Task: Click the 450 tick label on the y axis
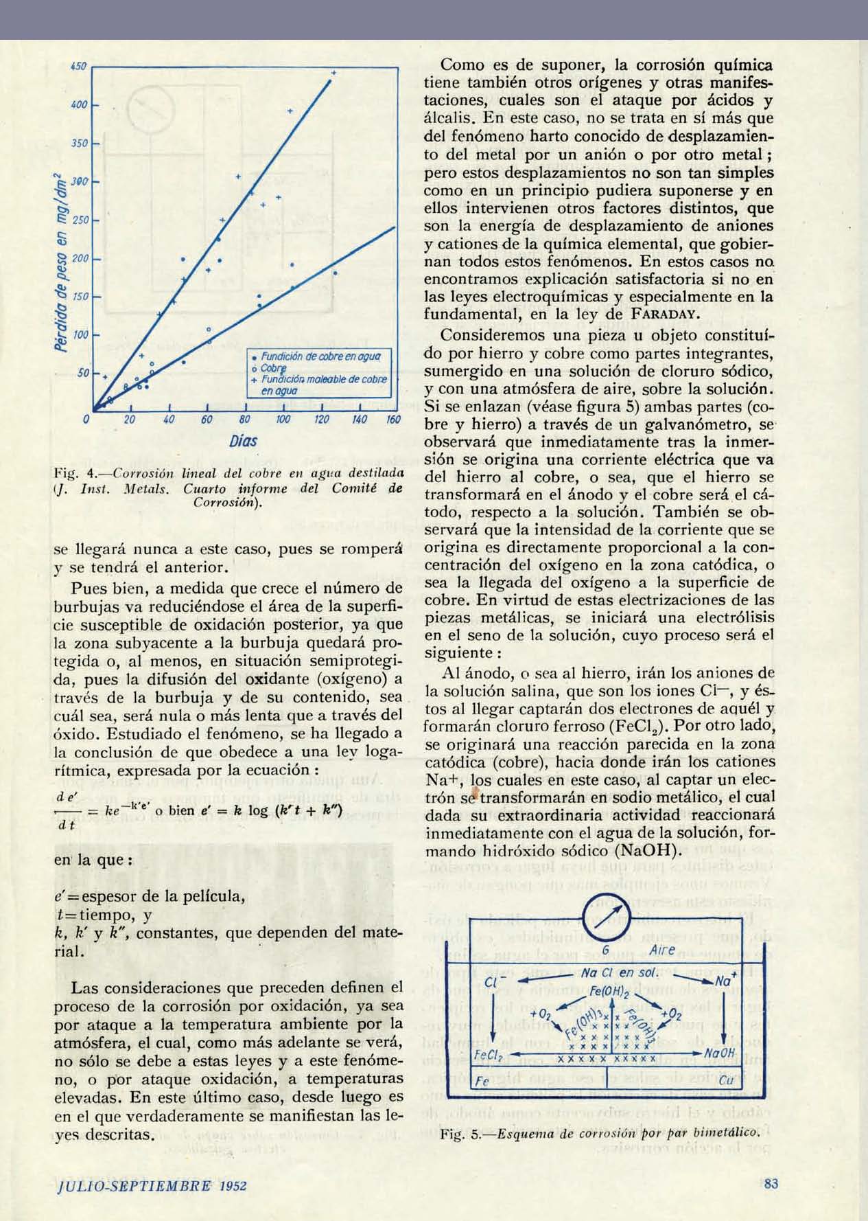click(78, 67)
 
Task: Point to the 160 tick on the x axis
click(393, 419)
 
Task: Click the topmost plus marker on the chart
click(334, 72)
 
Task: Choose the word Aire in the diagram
click(661, 950)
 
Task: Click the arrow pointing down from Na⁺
click(725, 1016)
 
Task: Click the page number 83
click(771, 1183)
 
